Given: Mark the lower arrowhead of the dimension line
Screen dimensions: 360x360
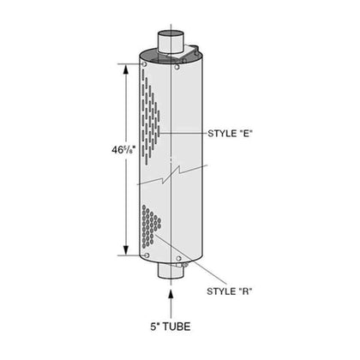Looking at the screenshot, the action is click(x=130, y=248).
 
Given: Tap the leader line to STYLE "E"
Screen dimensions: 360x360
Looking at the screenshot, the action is click(x=189, y=134).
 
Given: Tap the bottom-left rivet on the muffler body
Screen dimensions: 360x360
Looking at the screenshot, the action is click(x=146, y=253).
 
